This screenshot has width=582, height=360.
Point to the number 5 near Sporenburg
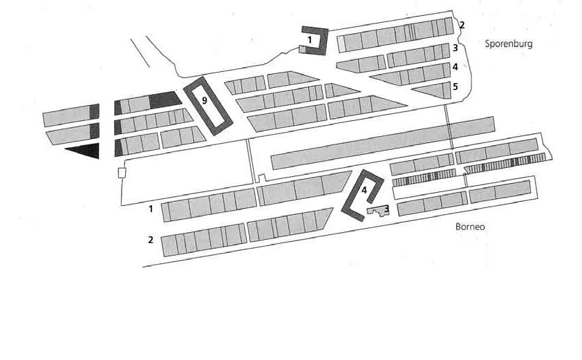(x=455, y=87)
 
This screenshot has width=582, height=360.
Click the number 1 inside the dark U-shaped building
(x=310, y=40)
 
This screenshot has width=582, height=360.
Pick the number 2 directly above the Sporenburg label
(x=462, y=26)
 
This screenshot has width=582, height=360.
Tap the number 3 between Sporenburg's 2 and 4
(x=455, y=48)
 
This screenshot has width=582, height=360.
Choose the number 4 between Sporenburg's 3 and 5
(x=455, y=67)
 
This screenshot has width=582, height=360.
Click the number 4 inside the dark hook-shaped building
(x=364, y=189)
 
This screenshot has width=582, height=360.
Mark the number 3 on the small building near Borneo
(x=386, y=208)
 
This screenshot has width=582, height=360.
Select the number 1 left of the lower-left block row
(x=151, y=207)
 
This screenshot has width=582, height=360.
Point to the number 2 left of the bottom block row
(x=150, y=240)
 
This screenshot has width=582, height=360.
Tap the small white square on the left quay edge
(x=122, y=172)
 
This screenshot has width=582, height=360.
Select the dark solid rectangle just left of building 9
(x=164, y=100)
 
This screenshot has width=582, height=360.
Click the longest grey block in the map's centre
(x=382, y=144)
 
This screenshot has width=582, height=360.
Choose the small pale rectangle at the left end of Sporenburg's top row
(x=341, y=43)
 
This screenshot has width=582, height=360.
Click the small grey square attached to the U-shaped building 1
(x=303, y=49)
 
